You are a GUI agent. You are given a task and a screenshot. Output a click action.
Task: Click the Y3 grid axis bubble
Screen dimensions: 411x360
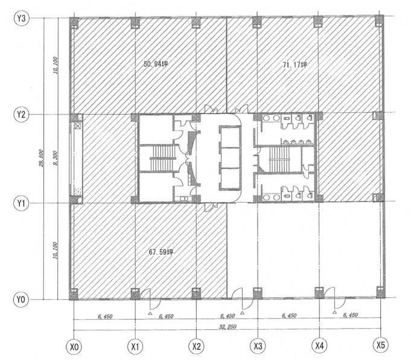click(x=22, y=18)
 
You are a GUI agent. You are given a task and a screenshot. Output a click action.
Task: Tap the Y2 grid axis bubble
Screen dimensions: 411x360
click(x=21, y=115)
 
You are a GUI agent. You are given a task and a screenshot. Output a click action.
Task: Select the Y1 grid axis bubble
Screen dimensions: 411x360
click(x=21, y=203)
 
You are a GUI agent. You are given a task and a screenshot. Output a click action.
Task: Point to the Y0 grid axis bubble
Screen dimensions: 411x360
click(x=21, y=299)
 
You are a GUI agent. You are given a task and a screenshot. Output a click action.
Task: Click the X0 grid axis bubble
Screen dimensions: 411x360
click(x=74, y=347)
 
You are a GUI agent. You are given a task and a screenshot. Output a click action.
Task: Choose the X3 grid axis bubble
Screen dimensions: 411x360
click(x=258, y=347)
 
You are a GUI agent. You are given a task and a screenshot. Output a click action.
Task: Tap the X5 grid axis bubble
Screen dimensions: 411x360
click(x=381, y=346)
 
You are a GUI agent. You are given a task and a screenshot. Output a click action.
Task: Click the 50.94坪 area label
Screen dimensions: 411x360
click(x=156, y=64)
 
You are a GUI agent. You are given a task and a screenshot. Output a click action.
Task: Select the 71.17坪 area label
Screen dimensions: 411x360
click(x=295, y=65)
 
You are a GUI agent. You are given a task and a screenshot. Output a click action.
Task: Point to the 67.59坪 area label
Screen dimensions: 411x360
click(x=161, y=252)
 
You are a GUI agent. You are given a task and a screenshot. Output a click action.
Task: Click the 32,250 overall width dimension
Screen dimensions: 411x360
click(x=228, y=326)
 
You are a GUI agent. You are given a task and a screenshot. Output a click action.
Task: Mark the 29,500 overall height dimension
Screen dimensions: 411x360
click(x=42, y=158)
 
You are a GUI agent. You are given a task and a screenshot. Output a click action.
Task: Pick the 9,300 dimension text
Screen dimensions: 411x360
click(x=55, y=159)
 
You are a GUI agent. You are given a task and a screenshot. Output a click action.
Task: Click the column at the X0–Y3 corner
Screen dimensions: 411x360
click(x=74, y=23)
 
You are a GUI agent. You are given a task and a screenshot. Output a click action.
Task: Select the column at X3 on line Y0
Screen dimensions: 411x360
click(x=257, y=293)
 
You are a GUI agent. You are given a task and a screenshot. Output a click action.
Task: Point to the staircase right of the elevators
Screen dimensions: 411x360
click(x=279, y=159)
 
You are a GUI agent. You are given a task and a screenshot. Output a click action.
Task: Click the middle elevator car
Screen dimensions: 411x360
click(x=230, y=158)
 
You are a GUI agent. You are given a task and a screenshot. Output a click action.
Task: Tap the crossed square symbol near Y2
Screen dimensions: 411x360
click(x=78, y=127)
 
